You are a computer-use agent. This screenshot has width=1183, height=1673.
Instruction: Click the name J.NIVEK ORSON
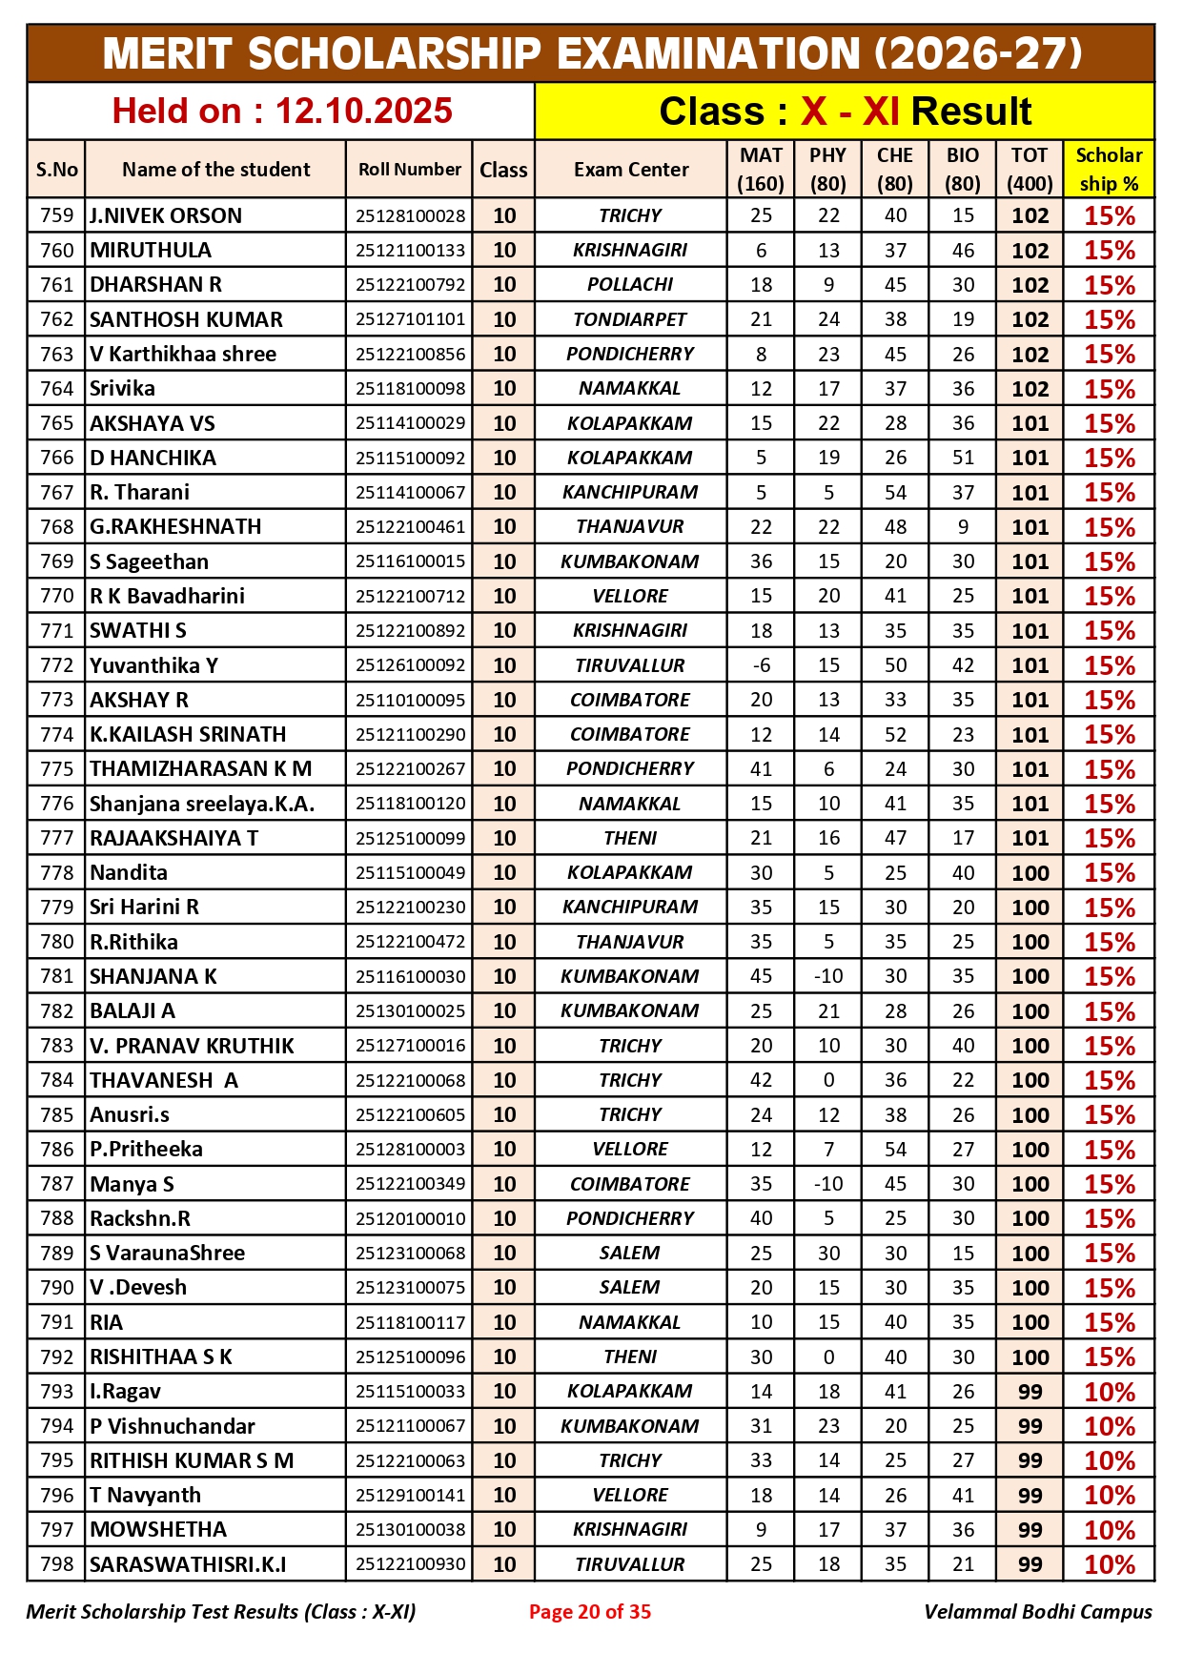(x=166, y=215)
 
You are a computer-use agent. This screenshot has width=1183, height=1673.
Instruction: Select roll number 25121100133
(x=410, y=251)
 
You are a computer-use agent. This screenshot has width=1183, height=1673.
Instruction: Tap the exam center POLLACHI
(x=629, y=285)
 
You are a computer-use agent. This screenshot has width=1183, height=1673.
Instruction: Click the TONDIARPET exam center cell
(x=629, y=319)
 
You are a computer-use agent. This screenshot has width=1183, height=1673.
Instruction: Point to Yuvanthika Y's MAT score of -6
(x=761, y=665)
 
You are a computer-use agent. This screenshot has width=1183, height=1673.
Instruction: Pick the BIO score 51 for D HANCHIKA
(x=963, y=458)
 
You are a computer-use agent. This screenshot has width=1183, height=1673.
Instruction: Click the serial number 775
(x=56, y=768)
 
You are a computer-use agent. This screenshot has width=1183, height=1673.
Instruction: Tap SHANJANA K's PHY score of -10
(x=827, y=976)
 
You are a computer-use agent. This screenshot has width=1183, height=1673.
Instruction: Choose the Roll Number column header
(x=410, y=170)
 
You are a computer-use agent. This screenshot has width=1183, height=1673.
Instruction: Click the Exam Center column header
(x=630, y=170)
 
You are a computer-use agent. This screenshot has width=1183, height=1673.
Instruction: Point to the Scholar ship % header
(x=1109, y=170)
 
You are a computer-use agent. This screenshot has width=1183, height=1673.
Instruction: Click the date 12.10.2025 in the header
(x=363, y=112)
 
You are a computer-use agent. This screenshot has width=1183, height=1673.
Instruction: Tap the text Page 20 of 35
(x=590, y=1611)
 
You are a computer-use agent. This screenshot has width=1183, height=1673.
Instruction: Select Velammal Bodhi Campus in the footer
(x=1037, y=1611)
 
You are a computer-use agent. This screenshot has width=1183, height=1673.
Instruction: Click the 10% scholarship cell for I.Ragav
(x=1109, y=1392)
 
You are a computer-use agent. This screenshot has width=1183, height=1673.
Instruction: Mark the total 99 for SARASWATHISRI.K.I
(x=1030, y=1564)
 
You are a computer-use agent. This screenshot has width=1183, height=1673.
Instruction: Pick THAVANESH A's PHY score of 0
(x=827, y=1080)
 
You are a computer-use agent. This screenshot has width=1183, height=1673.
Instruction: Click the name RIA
(x=107, y=1322)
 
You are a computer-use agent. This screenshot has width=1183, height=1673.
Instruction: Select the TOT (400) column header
(x=1030, y=170)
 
